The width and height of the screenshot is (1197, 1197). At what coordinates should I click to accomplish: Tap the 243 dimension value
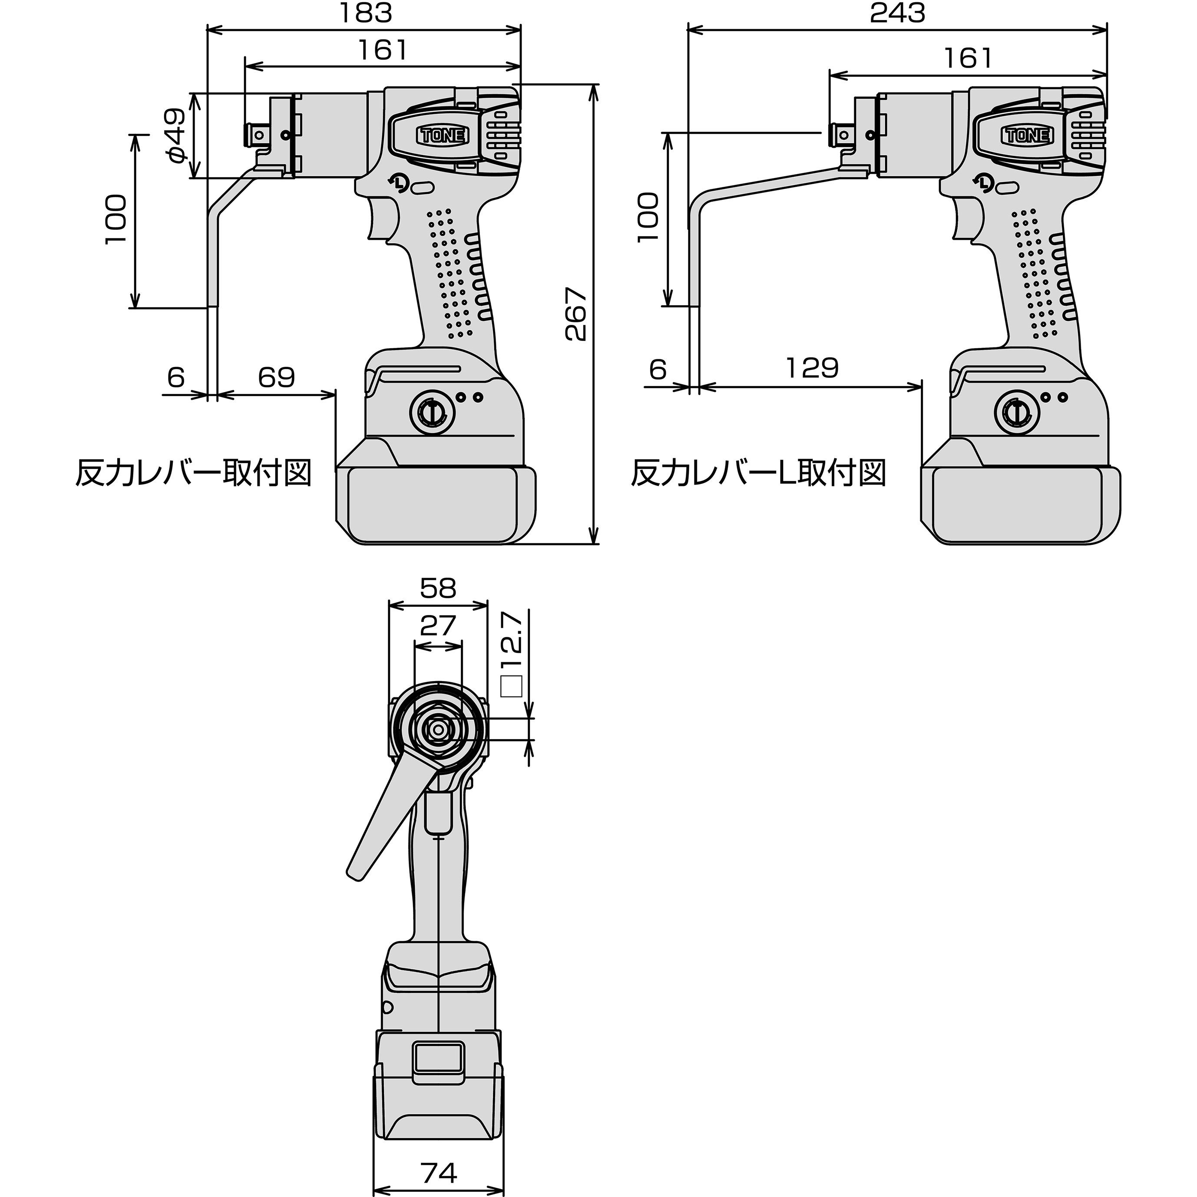pyautogui.click(x=897, y=13)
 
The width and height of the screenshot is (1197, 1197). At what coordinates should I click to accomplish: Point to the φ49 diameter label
pyautogui.click(x=176, y=136)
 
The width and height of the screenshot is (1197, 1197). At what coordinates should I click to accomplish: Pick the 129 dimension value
pyautogui.click(x=812, y=368)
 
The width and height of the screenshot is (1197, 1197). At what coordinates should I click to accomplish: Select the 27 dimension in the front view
pyautogui.click(x=438, y=626)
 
